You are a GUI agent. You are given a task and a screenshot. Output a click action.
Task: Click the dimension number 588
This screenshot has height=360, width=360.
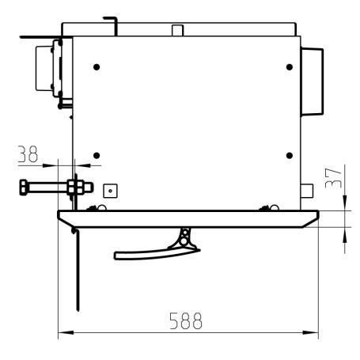[186, 320]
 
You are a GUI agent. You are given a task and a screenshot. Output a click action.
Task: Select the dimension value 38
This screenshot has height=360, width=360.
[28, 154]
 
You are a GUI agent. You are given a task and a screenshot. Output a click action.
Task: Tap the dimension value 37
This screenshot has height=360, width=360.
[333, 178]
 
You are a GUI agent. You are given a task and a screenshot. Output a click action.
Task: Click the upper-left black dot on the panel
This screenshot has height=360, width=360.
[97, 67]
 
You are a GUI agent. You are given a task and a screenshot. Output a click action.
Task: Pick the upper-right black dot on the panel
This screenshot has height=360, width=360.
[290, 67]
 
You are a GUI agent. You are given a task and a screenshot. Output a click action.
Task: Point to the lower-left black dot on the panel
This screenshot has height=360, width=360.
[97, 156]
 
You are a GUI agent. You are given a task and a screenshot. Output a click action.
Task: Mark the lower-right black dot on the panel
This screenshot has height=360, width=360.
[290, 156]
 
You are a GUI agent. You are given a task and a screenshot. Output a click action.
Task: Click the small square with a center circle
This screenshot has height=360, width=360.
[110, 191]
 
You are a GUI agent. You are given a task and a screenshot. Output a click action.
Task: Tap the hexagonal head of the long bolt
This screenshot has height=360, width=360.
[23, 188]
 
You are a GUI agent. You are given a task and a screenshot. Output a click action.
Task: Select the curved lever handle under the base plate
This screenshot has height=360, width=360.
[156, 253]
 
